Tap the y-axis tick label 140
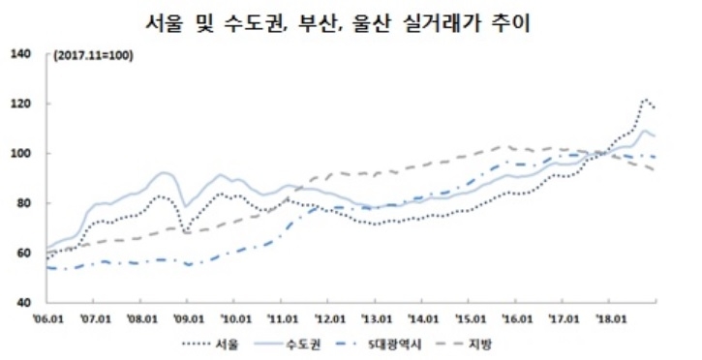tap(22, 53)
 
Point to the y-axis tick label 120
tap(22, 104)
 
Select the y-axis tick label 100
tap(22, 154)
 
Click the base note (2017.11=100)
tap(94, 54)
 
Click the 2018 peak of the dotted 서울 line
tap(646, 99)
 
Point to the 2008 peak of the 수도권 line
tap(164, 172)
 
